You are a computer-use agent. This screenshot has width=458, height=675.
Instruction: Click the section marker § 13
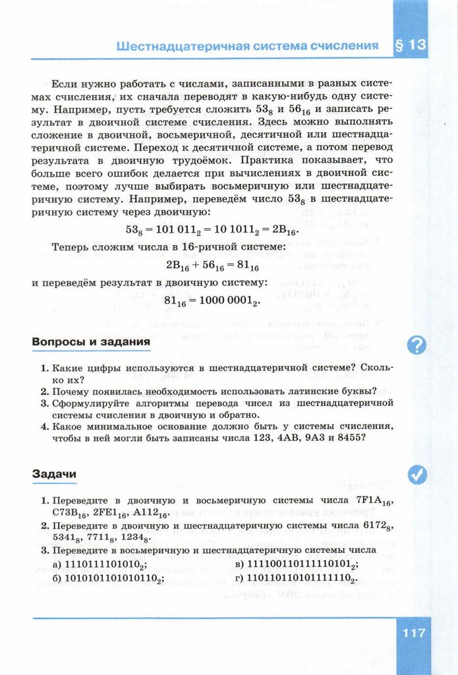410,45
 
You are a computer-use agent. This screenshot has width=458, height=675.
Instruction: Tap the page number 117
412,633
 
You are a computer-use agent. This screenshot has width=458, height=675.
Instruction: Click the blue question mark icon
416,344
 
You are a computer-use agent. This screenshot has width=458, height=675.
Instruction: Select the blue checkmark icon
416,475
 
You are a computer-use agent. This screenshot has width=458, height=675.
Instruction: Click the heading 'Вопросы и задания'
91,343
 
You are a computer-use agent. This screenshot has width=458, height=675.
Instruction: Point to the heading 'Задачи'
54,473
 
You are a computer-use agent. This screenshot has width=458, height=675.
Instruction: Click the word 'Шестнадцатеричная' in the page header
173,46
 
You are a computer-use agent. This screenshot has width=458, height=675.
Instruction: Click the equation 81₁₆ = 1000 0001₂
212,301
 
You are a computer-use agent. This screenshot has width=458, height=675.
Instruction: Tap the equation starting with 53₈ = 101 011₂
212,230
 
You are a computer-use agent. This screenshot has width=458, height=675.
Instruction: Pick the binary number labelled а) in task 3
107,565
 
